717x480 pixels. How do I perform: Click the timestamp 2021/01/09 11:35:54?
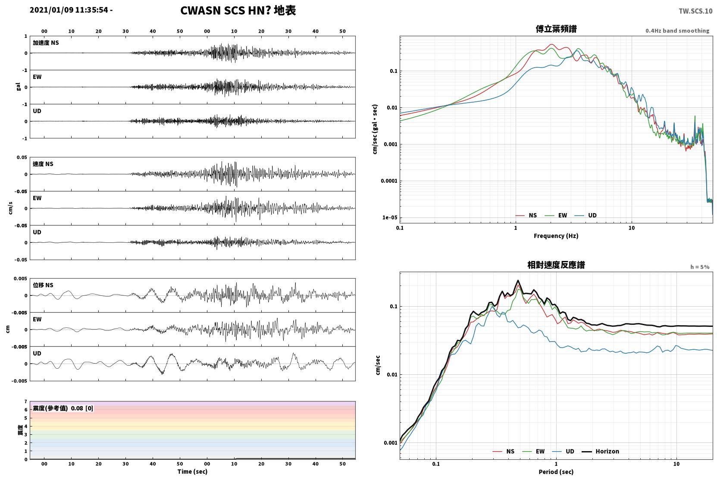(x=69, y=10)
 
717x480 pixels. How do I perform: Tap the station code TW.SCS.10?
(x=695, y=11)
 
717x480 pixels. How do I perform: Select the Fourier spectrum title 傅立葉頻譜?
(x=556, y=29)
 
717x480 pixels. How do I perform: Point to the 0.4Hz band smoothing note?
(x=677, y=31)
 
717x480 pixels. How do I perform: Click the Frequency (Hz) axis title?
(x=556, y=236)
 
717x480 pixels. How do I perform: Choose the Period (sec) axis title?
(x=556, y=472)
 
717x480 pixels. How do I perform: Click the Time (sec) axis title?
(x=192, y=471)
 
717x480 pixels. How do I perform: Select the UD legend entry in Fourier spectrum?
(x=586, y=216)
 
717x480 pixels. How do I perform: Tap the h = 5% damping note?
(x=700, y=267)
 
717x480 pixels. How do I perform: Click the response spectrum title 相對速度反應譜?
(x=556, y=265)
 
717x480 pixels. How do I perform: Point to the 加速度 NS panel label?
(x=46, y=43)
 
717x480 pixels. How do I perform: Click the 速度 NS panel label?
(x=43, y=164)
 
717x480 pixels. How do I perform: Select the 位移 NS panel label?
(x=43, y=285)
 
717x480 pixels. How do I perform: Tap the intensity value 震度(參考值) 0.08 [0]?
(x=63, y=408)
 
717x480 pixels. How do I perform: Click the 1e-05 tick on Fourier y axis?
(x=390, y=218)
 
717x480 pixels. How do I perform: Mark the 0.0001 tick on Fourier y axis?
(x=389, y=181)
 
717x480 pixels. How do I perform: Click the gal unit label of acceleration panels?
(x=18, y=87)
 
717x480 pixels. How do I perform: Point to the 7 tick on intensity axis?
(x=26, y=402)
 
